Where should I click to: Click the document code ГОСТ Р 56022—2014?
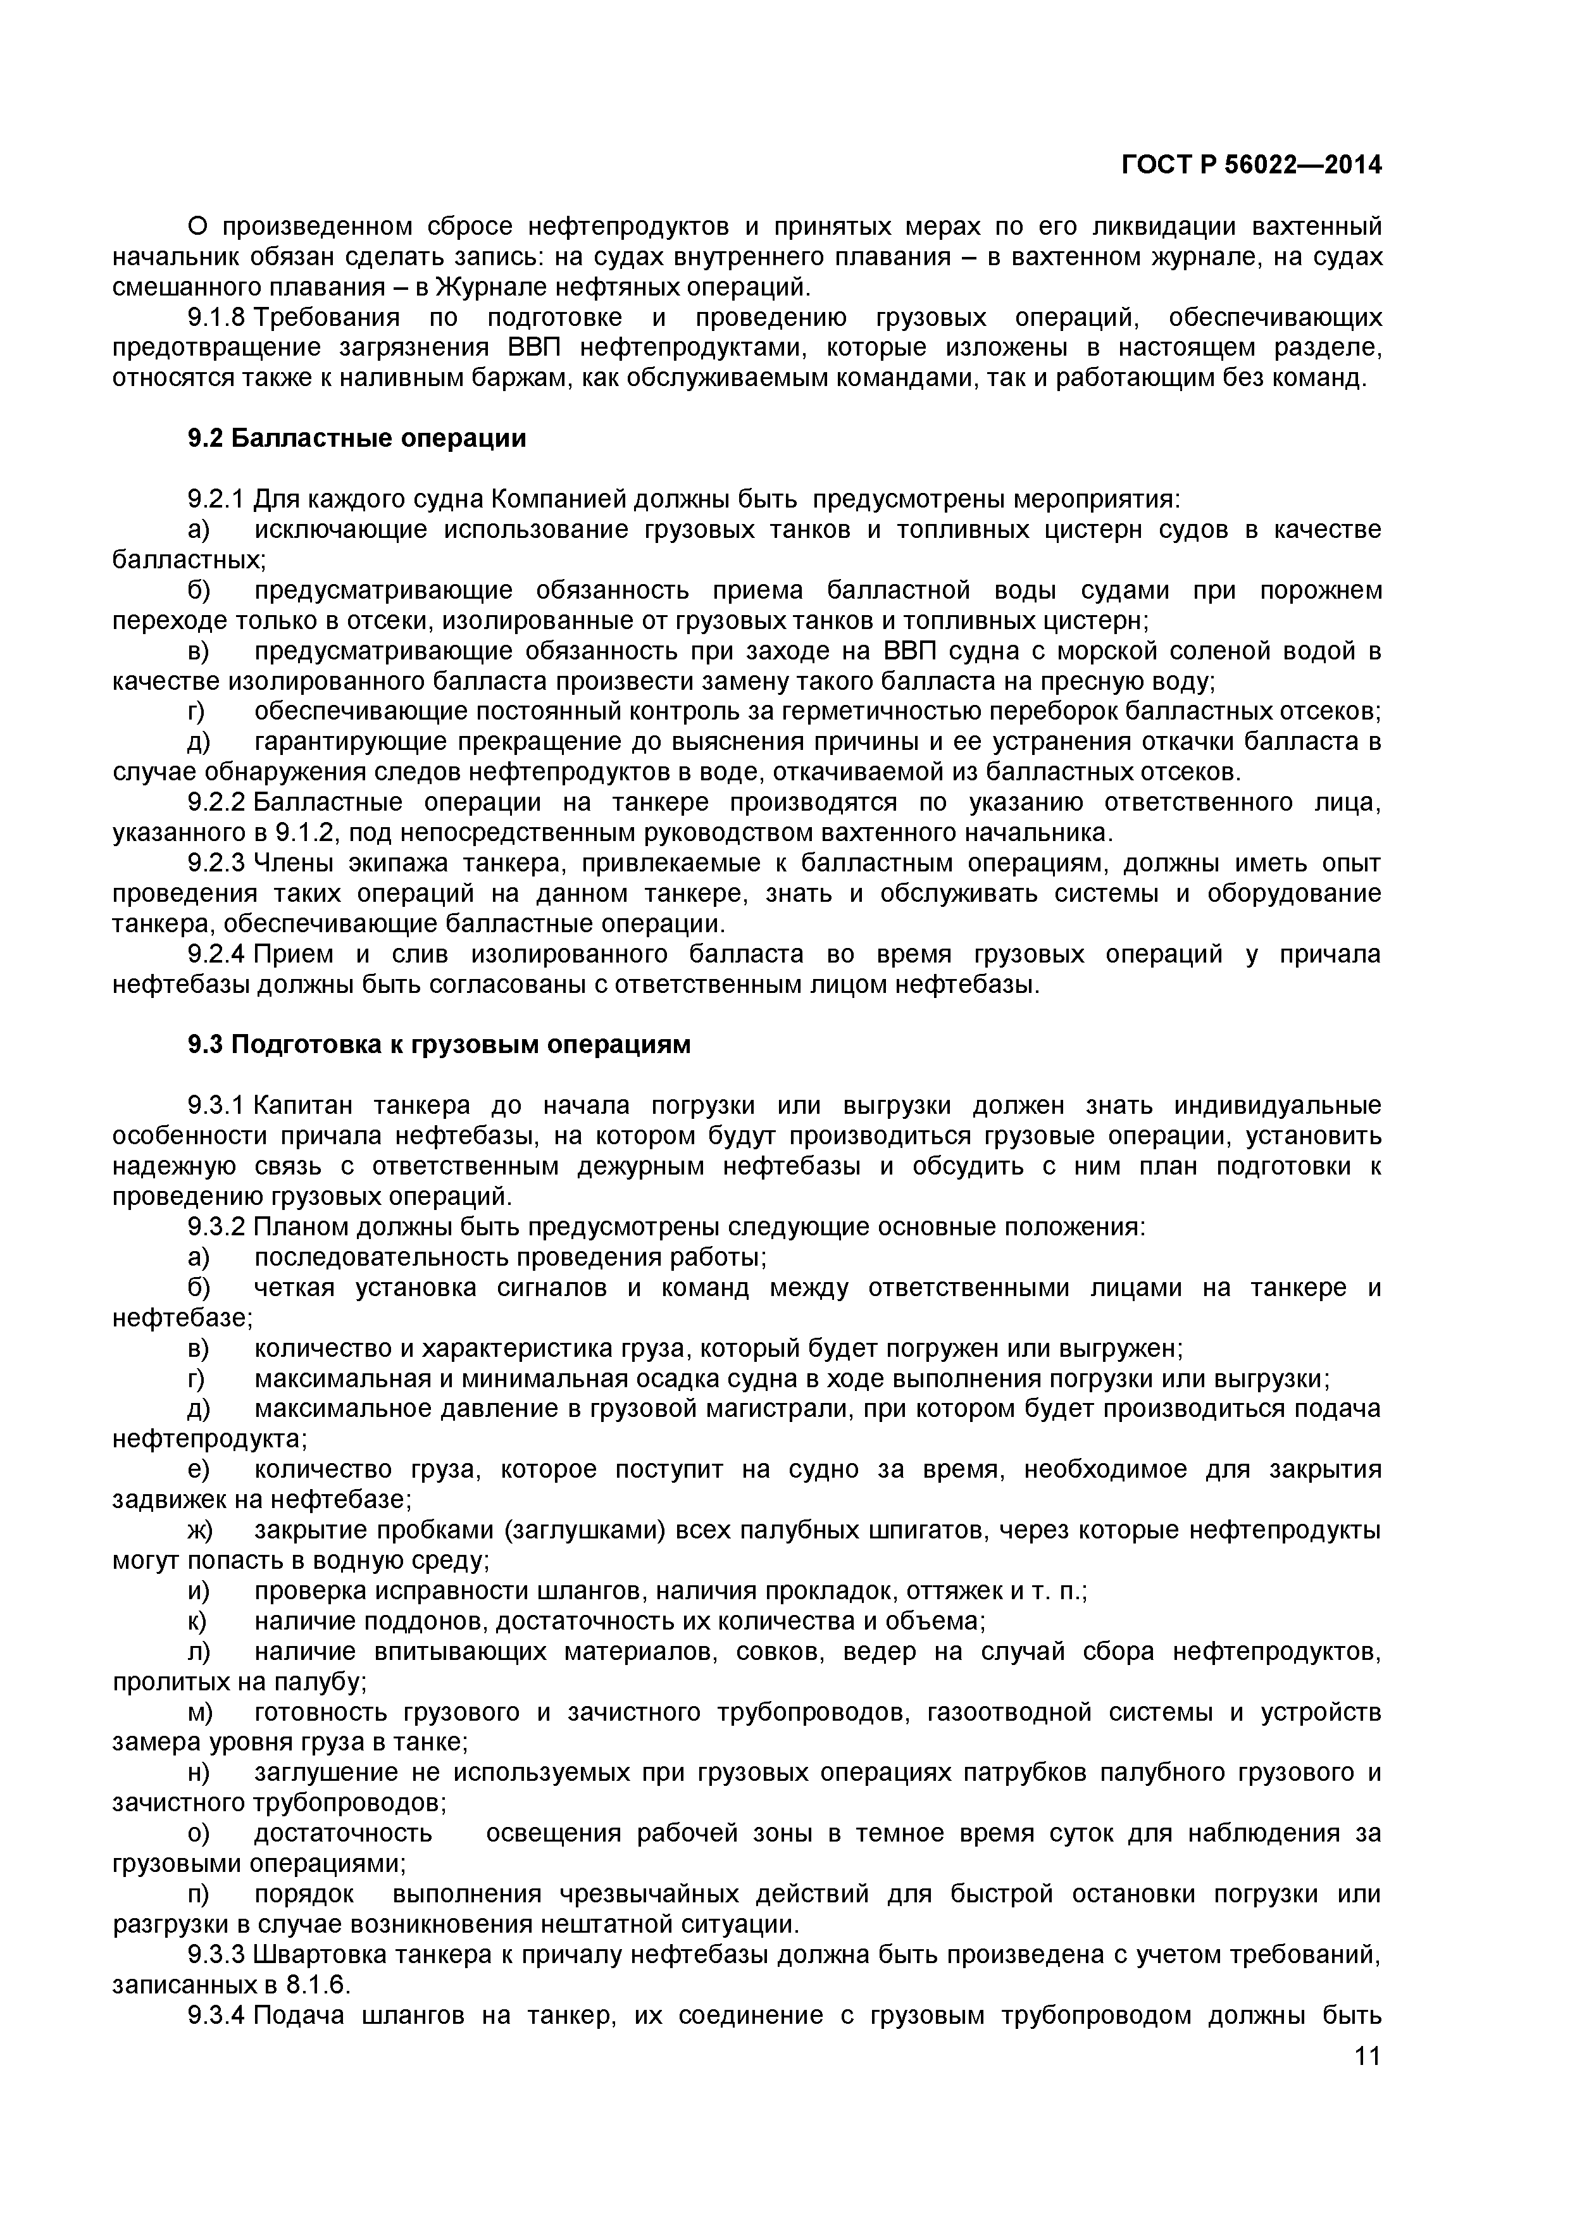[1251, 165]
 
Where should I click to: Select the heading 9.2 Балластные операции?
[357, 439]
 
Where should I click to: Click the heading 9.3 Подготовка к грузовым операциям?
[439, 1045]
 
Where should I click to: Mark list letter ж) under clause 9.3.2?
[199, 1531]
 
